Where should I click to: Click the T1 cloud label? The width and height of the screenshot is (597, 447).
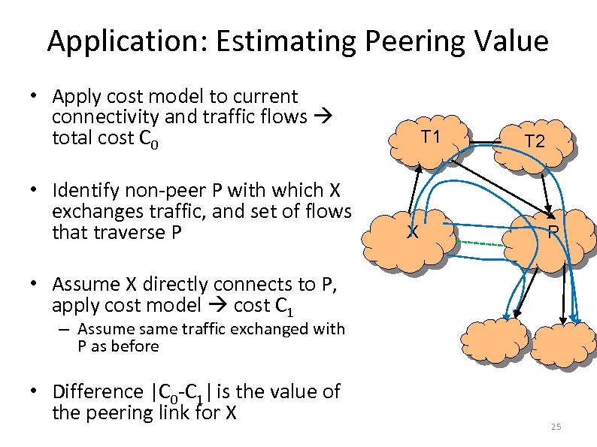point(430,137)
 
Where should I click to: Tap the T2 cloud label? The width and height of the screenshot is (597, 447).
point(535,140)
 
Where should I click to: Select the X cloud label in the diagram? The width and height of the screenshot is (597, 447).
point(412,232)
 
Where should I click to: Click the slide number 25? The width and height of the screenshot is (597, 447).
point(556,427)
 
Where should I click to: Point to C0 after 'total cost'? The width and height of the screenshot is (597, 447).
point(154,139)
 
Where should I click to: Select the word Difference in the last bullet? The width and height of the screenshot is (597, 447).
point(95,391)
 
